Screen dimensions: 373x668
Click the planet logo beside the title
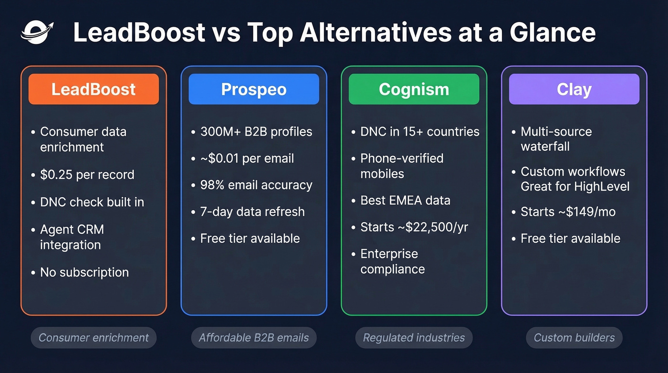pyautogui.click(x=37, y=32)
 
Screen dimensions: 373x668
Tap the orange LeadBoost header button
pyautogui.click(x=94, y=89)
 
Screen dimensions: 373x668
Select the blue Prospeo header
pyautogui.click(x=254, y=89)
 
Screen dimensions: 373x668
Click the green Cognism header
pyautogui.click(x=414, y=89)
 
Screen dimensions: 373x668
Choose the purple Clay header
pyautogui.click(x=574, y=89)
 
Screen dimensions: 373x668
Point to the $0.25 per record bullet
pyautogui.click(x=87, y=175)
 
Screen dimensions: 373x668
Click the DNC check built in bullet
pyautogui.click(x=92, y=202)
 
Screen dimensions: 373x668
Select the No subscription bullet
pyautogui.click(x=84, y=272)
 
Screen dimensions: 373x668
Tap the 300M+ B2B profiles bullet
pyautogui.click(x=256, y=132)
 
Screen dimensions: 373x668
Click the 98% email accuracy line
pyautogui.click(x=256, y=185)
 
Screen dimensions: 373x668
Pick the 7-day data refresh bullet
pyautogui.click(x=252, y=212)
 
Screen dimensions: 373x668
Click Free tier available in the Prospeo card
pyautogui.click(x=250, y=238)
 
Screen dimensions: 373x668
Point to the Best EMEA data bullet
pyautogui.click(x=405, y=200)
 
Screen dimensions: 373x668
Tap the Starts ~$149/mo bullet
pyautogui.click(x=568, y=212)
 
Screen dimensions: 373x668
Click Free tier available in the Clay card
pyautogui.click(x=570, y=238)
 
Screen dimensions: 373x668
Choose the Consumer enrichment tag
pyautogui.click(x=94, y=338)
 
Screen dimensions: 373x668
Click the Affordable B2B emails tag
pyautogui.click(x=254, y=338)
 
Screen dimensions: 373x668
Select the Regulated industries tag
pyautogui.click(x=414, y=338)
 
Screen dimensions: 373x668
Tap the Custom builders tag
pyautogui.click(x=574, y=338)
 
